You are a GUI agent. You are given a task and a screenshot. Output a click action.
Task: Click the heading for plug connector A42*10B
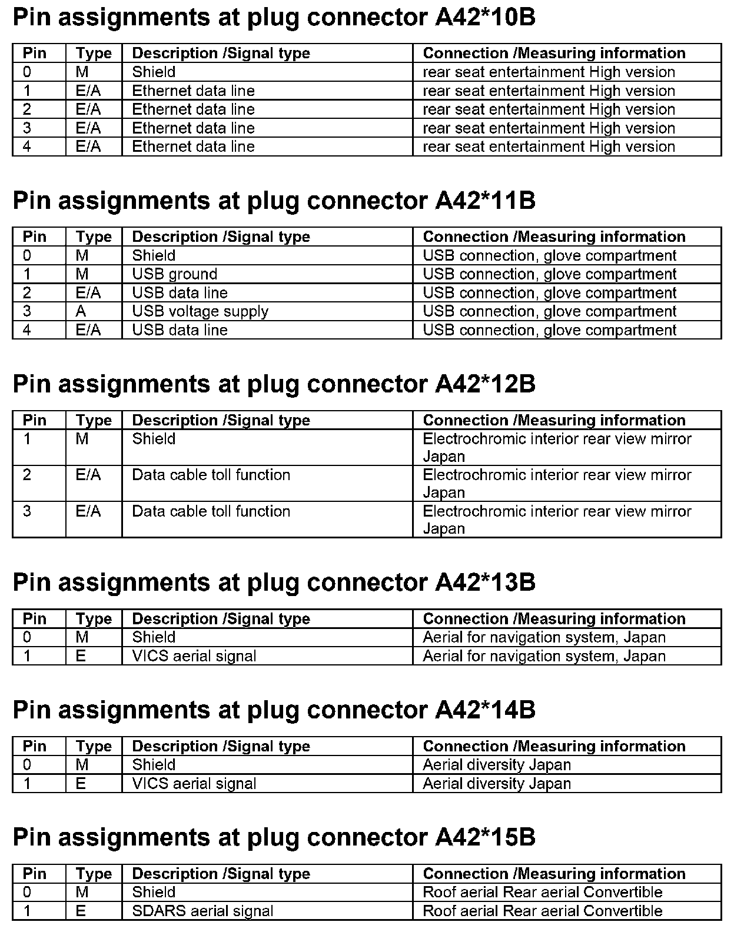pyautogui.click(x=274, y=18)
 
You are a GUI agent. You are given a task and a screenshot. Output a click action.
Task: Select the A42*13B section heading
pyautogui.click(x=274, y=582)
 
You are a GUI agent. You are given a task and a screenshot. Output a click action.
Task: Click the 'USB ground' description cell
pyautogui.click(x=174, y=274)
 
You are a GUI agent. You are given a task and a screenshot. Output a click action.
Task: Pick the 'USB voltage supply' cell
pyautogui.click(x=200, y=311)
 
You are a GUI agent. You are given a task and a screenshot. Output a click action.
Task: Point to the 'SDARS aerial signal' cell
pyautogui.click(x=202, y=911)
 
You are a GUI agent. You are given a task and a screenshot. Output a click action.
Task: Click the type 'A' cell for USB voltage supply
pyautogui.click(x=81, y=311)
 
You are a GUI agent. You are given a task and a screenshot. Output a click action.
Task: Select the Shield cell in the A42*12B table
pyautogui.click(x=154, y=439)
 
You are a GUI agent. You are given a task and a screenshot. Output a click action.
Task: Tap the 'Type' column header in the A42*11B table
pyautogui.click(x=94, y=237)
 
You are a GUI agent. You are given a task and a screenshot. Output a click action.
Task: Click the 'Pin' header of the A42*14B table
pyautogui.click(x=34, y=746)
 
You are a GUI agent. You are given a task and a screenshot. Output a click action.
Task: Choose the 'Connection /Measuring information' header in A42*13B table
pyautogui.click(x=554, y=619)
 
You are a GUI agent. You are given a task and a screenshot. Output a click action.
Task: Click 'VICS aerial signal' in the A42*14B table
pyautogui.click(x=194, y=784)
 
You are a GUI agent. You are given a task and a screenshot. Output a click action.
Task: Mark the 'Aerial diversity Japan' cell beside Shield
pyautogui.click(x=497, y=765)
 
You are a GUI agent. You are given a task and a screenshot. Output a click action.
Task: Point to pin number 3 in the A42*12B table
pyautogui.click(x=27, y=511)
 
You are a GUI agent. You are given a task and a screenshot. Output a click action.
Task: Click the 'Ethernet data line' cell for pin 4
pyautogui.click(x=193, y=147)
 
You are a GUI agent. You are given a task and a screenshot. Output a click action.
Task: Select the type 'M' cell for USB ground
pyautogui.click(x=82, y=274)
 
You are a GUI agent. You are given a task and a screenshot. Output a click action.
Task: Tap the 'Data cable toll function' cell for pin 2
pyautogui.click(x=211, y=475)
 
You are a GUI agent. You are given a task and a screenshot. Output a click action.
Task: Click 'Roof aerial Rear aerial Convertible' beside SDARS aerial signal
pyautogui.click(x=542, y=911)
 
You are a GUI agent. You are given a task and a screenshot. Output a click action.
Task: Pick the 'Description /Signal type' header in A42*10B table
pyautogui.click(x=221, y=54)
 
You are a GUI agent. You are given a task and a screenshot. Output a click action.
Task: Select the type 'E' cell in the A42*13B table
pyautogui.click(x=81, y=656)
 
